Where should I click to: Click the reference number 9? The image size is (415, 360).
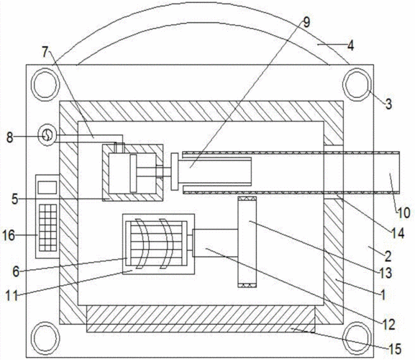(x=306, y=23)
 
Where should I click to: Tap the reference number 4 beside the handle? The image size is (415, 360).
(x=350, y=45)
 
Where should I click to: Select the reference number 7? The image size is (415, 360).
(x=45, y=52)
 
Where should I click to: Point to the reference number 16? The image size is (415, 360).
(x=9, y=235)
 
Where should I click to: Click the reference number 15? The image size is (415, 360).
(x=395, y=349)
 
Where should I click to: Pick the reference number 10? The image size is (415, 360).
(x=403, y=212)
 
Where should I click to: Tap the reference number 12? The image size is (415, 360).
(x=388, y=324)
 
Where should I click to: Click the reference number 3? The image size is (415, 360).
(x=388, y=104)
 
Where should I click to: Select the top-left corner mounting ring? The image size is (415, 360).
(x=45, y=84)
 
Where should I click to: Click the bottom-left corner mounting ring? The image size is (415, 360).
(x=45, y=338)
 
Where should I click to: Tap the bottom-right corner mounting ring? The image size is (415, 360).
(x=357, y=338)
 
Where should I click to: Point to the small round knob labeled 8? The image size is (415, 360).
(x=47, y=135)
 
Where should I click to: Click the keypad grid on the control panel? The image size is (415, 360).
(x=48, y=228)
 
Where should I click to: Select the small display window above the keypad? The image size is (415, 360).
(x=47, y=187)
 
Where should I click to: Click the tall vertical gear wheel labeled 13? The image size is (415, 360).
(x=247, y=242)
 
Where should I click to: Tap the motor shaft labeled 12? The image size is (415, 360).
(x=216, y=243)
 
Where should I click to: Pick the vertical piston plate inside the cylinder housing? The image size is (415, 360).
(x=133, y=174)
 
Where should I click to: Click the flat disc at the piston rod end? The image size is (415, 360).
(x=175, y=171)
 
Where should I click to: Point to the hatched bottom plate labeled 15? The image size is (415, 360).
(x=201, y=319)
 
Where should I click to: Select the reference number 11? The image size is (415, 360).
(x=12, y=295)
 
